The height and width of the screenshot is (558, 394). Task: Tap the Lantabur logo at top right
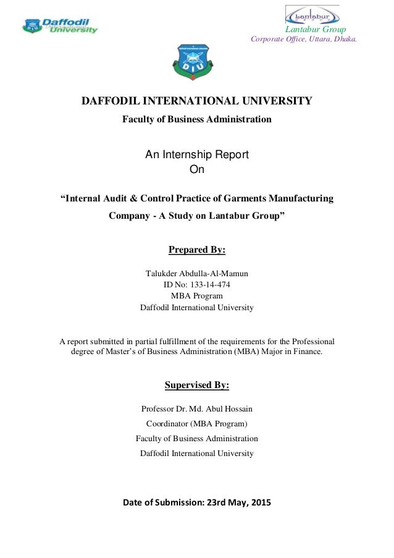pyautogui.click(x=312, y=14)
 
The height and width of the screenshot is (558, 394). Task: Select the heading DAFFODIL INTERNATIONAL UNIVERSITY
pyautogui.click(x=197, y=101)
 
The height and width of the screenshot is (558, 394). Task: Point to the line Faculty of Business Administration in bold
pyautogui.click(x=197, y=119)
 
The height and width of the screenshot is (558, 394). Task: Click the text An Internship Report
pyautogui.click(x=197, y=154)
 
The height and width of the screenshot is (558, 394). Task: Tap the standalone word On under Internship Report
pyautogui.click(x=197, y=169)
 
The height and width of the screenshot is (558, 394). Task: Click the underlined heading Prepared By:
pyautogui.click(x=197, y=250)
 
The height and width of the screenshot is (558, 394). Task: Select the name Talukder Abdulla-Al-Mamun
pyautogui.click(x=197, y=274)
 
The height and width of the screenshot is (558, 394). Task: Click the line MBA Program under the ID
pyautogui.click(x=197, y=296)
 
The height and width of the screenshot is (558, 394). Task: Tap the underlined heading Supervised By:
pyautogui.click(x=197, y=386)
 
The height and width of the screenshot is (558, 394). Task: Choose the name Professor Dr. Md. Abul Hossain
pyautogui.click(x=197, y=408)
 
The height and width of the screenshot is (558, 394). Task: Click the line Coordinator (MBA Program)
pyautogui.click(x=197, y=423)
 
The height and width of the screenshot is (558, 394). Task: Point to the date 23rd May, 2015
pyautogui.click(x=236, y=502)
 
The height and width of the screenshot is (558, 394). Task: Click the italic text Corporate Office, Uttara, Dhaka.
pyautogui.click(x=304, y=40)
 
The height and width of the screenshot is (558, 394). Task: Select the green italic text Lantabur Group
pyautogui.click(x=315, y=30)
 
